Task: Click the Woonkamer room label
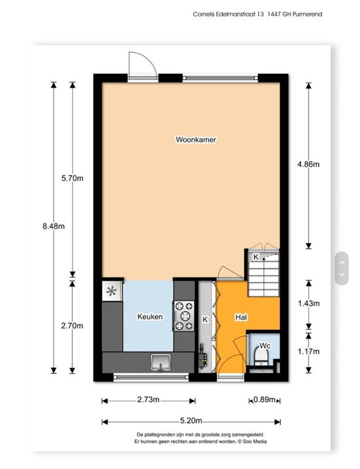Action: tap(196, 140)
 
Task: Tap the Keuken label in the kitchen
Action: tap(150, 316)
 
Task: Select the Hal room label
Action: tap(241, 317)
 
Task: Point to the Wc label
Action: tap(264, 346)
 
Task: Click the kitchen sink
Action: tap(160, 362)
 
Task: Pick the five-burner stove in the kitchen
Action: tap(184, 316)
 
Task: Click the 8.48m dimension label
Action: tap(54, 227)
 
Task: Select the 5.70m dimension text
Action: tap(73, 178)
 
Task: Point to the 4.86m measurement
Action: tap(308, 164)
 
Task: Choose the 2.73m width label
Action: tap(149, 400)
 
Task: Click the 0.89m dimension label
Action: tap(264, 400)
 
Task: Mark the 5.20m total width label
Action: tap(191, 421)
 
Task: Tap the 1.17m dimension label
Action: tap(308, 352)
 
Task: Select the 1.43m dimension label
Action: tap(308, 303)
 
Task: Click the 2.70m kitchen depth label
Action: tap(72, 326)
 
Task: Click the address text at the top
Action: tap(257, 14)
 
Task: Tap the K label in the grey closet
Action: tap(205, 320)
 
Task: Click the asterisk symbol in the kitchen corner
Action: tap(111, 291)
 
